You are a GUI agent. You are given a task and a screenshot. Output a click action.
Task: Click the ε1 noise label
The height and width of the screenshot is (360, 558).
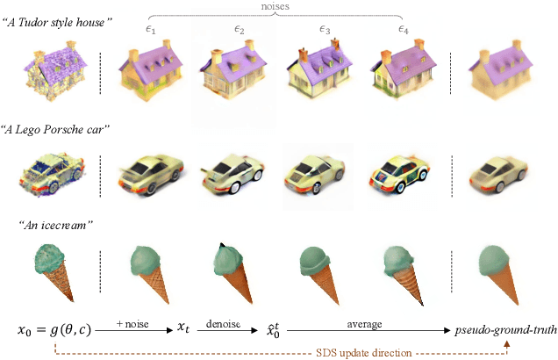[x=150, y=30]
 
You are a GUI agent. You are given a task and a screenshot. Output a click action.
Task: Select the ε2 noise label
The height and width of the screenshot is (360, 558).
[x=238, y=30]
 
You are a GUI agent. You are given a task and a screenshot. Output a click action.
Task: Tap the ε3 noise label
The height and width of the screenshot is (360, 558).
[x=325, y=30]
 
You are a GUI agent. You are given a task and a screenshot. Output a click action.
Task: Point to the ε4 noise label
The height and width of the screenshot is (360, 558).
[x=403, y=30]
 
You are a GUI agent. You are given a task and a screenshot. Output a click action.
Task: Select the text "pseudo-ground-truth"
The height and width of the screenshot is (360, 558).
[x=504, y=331]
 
